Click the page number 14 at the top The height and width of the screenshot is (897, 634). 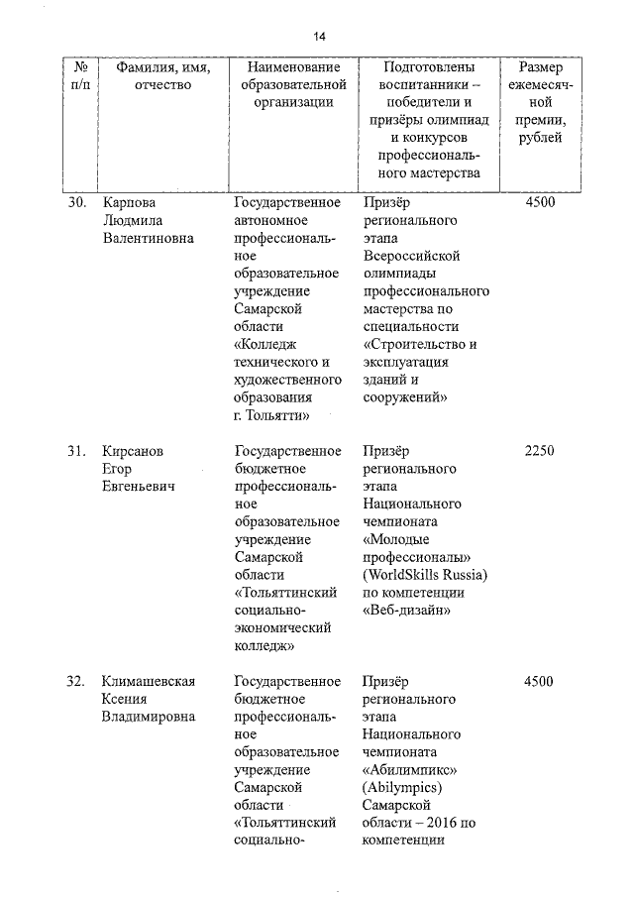(320, 37)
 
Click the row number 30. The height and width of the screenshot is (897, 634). (77, 203)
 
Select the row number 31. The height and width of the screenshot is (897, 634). (77, 451)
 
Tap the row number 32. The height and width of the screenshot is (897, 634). (77, 681)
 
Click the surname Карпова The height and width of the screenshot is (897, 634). (131, 203)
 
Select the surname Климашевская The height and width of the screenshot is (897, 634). (149, 681)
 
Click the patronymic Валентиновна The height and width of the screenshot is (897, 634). (149, 239)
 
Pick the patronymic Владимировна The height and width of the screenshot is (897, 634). (149, 717)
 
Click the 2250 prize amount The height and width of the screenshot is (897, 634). (539, 451)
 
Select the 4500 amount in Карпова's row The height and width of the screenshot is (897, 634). (539, 203)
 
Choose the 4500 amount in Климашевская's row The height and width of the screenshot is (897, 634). (539, 681)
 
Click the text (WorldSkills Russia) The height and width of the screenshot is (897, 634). (426, 576)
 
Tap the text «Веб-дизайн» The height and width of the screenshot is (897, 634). (408, 612)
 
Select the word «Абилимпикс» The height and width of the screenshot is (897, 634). (409, 770)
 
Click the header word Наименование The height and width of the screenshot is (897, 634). (287, 67)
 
